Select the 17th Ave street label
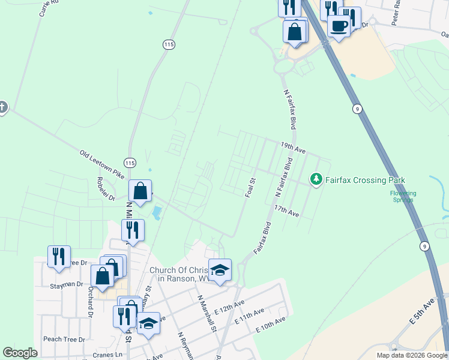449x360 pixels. pos(286,211)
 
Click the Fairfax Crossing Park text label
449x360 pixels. pos(366,179)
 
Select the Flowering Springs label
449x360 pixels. pos(403,196)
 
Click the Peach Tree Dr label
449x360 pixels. pos(64,339)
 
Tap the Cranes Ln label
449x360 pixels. pos(107,355)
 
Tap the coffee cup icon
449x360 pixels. pos(339,26)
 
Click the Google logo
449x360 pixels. pos(20,353)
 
